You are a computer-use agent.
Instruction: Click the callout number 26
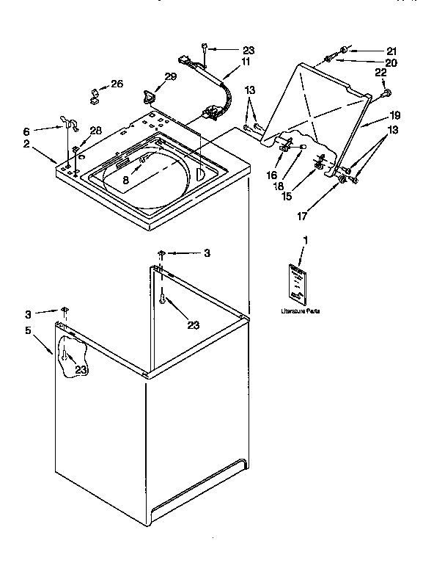pos(117,85)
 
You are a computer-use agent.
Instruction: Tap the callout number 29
pos(171,77)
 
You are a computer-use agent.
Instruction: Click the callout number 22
pos(380,73)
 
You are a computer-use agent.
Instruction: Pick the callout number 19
pos(394,116)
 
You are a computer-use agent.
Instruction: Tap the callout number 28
pos(95,130)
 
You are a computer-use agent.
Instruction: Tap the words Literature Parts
pos(300,312)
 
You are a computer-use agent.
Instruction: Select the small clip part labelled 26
pos(95,95)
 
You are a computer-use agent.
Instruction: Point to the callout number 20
pos(391,62)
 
